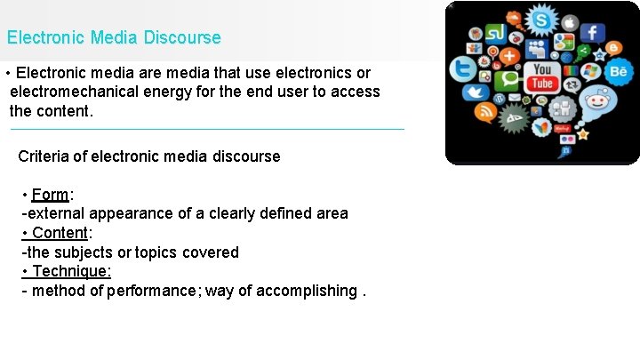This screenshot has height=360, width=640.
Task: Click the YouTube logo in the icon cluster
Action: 541,76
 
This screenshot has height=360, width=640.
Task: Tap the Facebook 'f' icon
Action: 590,33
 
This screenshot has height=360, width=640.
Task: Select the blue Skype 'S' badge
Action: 540,19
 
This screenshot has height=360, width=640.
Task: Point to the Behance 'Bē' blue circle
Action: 617,71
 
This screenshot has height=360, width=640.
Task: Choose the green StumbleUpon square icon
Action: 495,35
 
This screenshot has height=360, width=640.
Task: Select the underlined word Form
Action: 50,195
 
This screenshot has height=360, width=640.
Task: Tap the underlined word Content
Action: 60,233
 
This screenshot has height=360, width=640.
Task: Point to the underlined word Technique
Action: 71,271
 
